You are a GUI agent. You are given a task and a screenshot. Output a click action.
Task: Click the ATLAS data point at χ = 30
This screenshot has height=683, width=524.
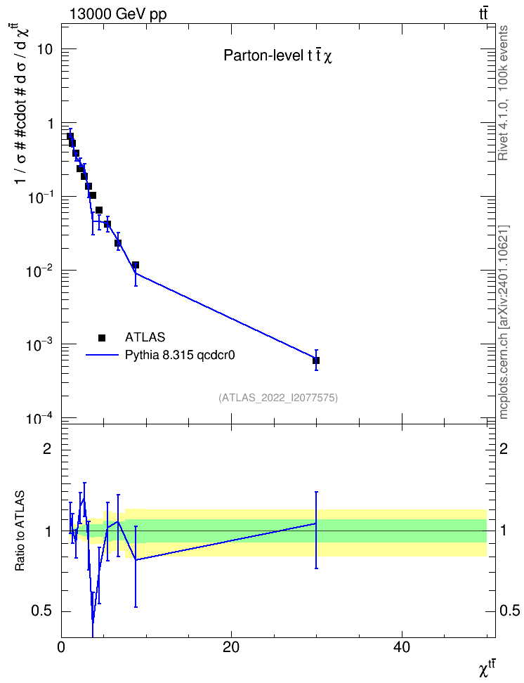[316, 360]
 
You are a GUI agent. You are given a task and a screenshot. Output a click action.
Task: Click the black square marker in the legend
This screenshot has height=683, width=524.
[102, 337]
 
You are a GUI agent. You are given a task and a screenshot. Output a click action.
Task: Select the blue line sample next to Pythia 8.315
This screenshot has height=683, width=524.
[102, 356]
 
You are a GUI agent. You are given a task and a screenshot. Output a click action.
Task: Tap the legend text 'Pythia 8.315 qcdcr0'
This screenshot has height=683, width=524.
[180, 356]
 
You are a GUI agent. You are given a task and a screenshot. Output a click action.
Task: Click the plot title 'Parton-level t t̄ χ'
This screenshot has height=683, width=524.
[278, 56]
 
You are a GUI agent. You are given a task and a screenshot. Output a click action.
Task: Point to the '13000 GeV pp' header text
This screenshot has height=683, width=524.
[118, 14]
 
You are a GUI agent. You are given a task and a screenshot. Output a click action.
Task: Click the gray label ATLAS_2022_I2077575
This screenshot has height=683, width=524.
[278, 398]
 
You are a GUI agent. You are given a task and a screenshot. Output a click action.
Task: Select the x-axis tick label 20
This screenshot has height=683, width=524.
[231, 647]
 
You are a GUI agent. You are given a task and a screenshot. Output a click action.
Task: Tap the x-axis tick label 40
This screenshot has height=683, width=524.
[401, 647]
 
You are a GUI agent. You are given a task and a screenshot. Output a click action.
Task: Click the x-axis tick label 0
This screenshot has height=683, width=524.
[61, 647]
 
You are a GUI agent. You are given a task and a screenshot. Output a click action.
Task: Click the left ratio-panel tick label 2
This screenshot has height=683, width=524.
[48, 449]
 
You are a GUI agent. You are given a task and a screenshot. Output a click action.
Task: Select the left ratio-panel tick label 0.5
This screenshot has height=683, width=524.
[42, 611]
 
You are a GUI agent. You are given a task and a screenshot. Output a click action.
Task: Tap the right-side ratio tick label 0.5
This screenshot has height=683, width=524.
[510, 611]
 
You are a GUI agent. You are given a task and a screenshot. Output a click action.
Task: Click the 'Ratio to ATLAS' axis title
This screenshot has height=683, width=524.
[20, 531]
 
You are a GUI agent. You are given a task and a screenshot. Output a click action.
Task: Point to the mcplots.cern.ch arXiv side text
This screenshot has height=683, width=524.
[504, 322]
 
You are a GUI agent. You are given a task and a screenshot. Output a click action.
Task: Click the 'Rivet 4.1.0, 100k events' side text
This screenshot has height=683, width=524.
[503, 93]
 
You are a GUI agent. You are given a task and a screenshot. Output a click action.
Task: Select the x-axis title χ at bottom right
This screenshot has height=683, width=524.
[487, 669]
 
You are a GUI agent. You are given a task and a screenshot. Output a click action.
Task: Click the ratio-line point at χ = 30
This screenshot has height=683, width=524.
[316, 523]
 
